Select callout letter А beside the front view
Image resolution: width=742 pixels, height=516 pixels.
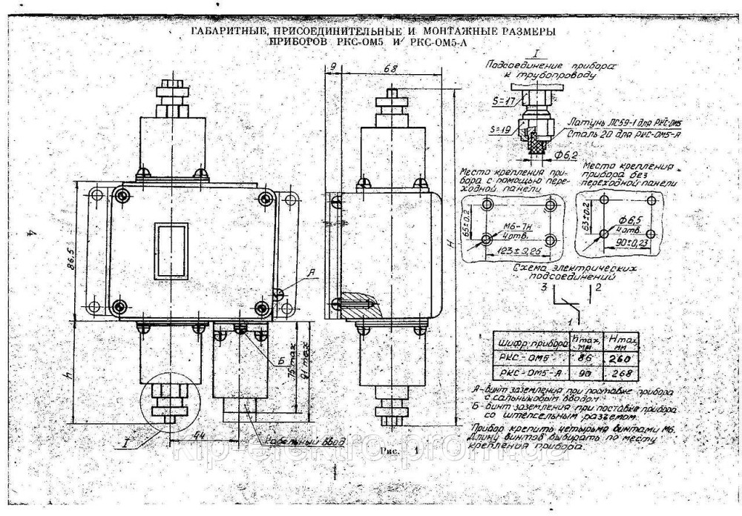[311, 273]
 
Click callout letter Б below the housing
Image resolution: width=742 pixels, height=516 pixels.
[282, 361]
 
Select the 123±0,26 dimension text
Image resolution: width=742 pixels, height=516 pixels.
[516, 252]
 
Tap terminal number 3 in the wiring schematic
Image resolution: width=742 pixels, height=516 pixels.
[545, 286]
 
